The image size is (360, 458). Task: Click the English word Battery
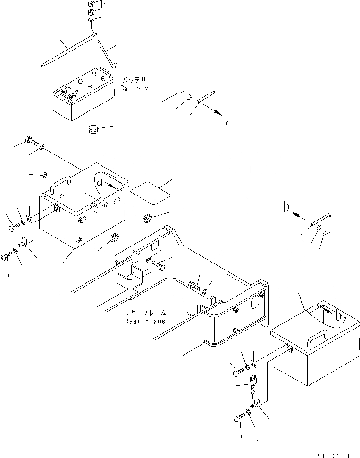134,88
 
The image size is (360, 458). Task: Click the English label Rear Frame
145,321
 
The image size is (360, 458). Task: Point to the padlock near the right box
253,381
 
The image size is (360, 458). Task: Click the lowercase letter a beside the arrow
229,121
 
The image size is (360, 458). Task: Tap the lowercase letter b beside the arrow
286,206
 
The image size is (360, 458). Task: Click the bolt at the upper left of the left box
31,140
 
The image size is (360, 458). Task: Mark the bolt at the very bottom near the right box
239,417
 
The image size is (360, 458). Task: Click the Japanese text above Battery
134,80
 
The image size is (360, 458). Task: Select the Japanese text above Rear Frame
145,313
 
